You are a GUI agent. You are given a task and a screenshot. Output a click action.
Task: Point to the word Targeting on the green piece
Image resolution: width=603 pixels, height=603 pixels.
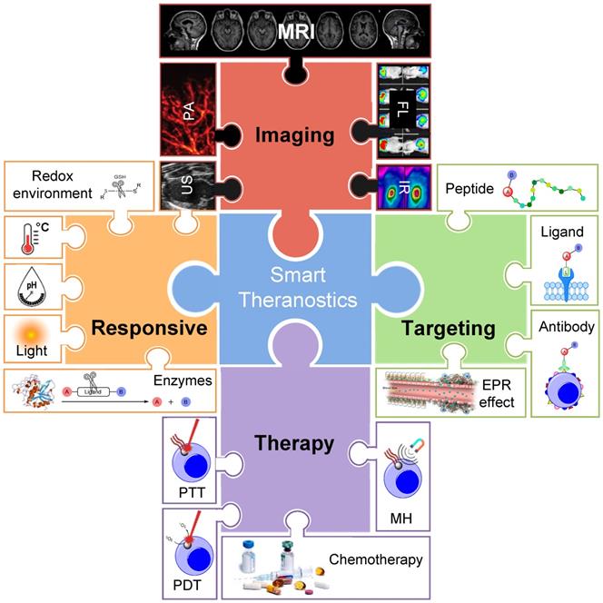(x=438, y=328)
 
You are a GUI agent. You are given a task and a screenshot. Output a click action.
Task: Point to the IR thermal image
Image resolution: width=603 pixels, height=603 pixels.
(x=404, y=188)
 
